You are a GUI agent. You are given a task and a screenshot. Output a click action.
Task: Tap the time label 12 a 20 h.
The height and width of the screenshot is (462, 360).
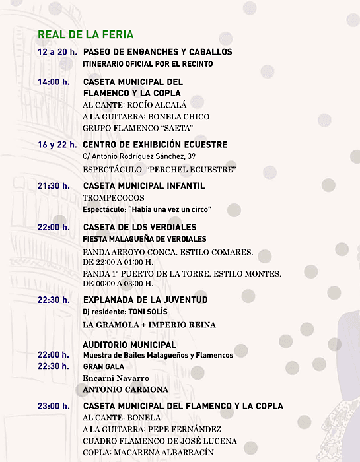57,52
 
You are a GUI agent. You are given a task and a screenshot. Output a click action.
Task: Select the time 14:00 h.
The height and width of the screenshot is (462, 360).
54,82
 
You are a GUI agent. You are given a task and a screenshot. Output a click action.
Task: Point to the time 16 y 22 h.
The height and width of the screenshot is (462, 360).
57,145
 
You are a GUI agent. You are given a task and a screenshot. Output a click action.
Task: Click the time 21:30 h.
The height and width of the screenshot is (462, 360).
54,186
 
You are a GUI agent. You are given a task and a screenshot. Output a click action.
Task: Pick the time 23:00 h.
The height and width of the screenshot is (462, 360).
54,406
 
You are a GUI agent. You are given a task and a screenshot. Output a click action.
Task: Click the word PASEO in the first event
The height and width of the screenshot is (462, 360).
99,52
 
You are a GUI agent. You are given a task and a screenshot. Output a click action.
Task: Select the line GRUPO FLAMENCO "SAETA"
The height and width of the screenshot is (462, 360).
146,129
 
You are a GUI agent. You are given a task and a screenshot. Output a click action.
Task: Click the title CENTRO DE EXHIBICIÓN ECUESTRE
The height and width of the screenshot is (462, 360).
155,145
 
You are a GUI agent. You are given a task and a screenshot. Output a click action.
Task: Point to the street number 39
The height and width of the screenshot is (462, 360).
191,156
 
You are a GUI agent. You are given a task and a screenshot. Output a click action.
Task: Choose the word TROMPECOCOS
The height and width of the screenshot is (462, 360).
113,198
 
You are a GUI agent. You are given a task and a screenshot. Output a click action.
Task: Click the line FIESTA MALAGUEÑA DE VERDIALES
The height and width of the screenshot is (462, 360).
144,239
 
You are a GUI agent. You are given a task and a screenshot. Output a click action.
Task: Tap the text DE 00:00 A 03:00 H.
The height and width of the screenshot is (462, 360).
118,284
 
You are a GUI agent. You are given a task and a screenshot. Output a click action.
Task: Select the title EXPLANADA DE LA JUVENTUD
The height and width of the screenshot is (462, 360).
145,300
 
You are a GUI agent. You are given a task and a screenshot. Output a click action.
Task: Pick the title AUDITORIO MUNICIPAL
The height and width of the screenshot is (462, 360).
129,345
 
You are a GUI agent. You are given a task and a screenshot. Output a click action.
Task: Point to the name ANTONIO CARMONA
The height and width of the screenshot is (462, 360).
126,389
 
